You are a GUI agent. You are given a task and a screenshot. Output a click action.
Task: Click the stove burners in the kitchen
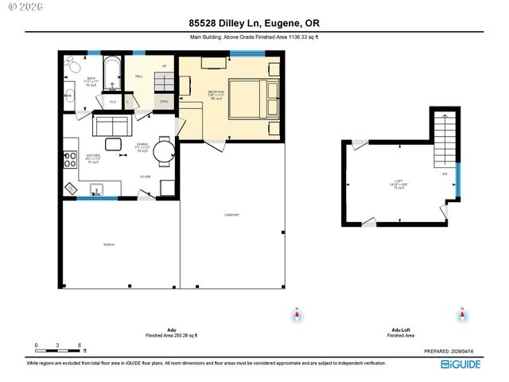(x=71, y=159)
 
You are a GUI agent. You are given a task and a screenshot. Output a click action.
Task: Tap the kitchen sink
(x=96, y=189)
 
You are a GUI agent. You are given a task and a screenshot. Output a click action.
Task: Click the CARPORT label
(x=231, y=215)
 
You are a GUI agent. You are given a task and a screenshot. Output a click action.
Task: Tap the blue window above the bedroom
(x=247, y=53)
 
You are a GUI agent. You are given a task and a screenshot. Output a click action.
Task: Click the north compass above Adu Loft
(x=462, y=316)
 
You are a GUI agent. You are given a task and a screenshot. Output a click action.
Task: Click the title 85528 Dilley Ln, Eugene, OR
(x=254, y=23)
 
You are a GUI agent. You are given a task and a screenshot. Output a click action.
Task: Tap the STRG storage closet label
(x=165, y=102)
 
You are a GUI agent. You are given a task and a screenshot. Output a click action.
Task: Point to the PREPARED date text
(x=453, y=350)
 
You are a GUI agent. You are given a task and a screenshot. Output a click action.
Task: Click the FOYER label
(x=146, y=177)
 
